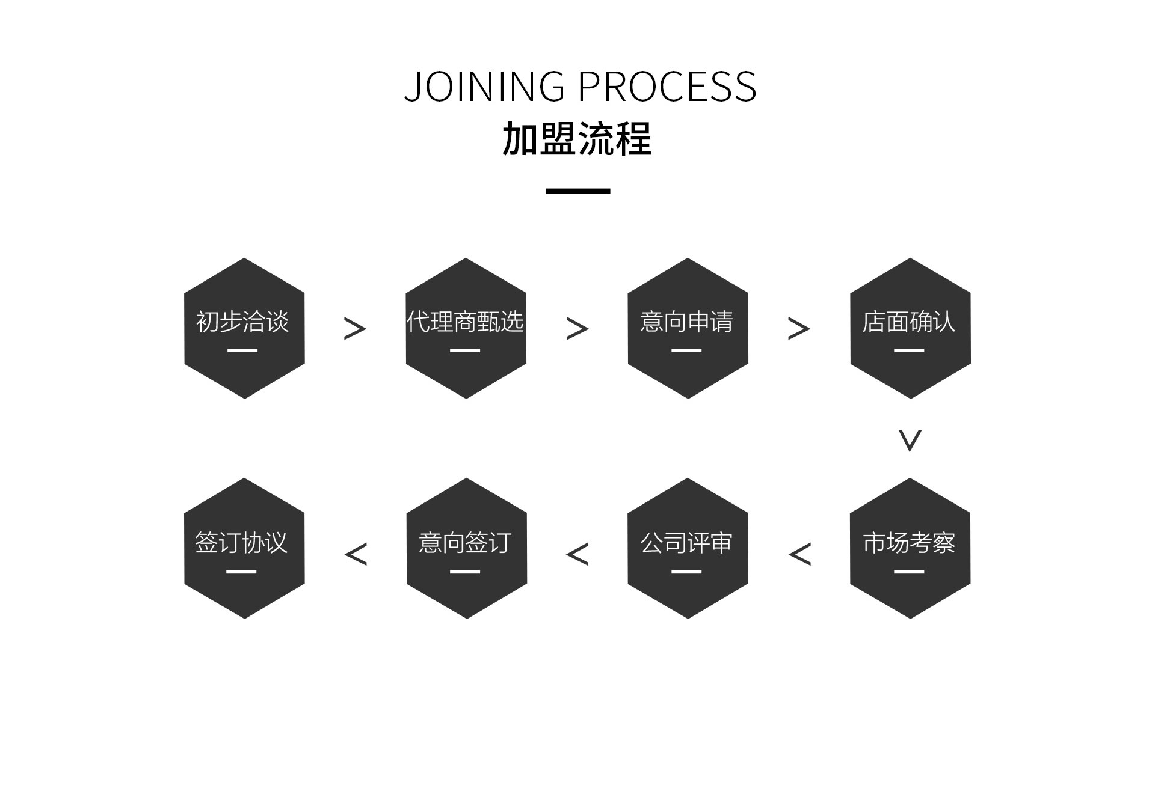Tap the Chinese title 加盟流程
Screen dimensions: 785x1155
point(577,139)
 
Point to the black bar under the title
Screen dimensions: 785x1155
point(577,191)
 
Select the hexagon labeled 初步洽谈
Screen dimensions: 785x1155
point(244,328)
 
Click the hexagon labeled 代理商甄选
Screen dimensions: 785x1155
point(466,328)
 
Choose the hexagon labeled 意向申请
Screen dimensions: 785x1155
point(688,328)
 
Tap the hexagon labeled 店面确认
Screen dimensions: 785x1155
point(910,328)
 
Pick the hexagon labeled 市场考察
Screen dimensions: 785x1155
point(910,548)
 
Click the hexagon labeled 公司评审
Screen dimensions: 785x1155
point(688,548)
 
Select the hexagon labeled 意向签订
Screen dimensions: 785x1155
point(466,548)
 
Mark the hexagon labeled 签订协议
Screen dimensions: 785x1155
point(244,548)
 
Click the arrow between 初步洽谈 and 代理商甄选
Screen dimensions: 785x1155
point(355,329)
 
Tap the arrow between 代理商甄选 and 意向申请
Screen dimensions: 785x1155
point(577,329)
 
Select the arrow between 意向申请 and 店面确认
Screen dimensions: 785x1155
point(799,329)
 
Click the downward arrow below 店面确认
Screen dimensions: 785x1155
point(910,441)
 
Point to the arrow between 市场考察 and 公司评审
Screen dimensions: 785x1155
point(799,554)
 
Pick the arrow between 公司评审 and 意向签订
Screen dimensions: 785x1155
point(577,554)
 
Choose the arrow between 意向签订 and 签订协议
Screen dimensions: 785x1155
point(356,554)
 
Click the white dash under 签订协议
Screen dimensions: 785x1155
point(241,572)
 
